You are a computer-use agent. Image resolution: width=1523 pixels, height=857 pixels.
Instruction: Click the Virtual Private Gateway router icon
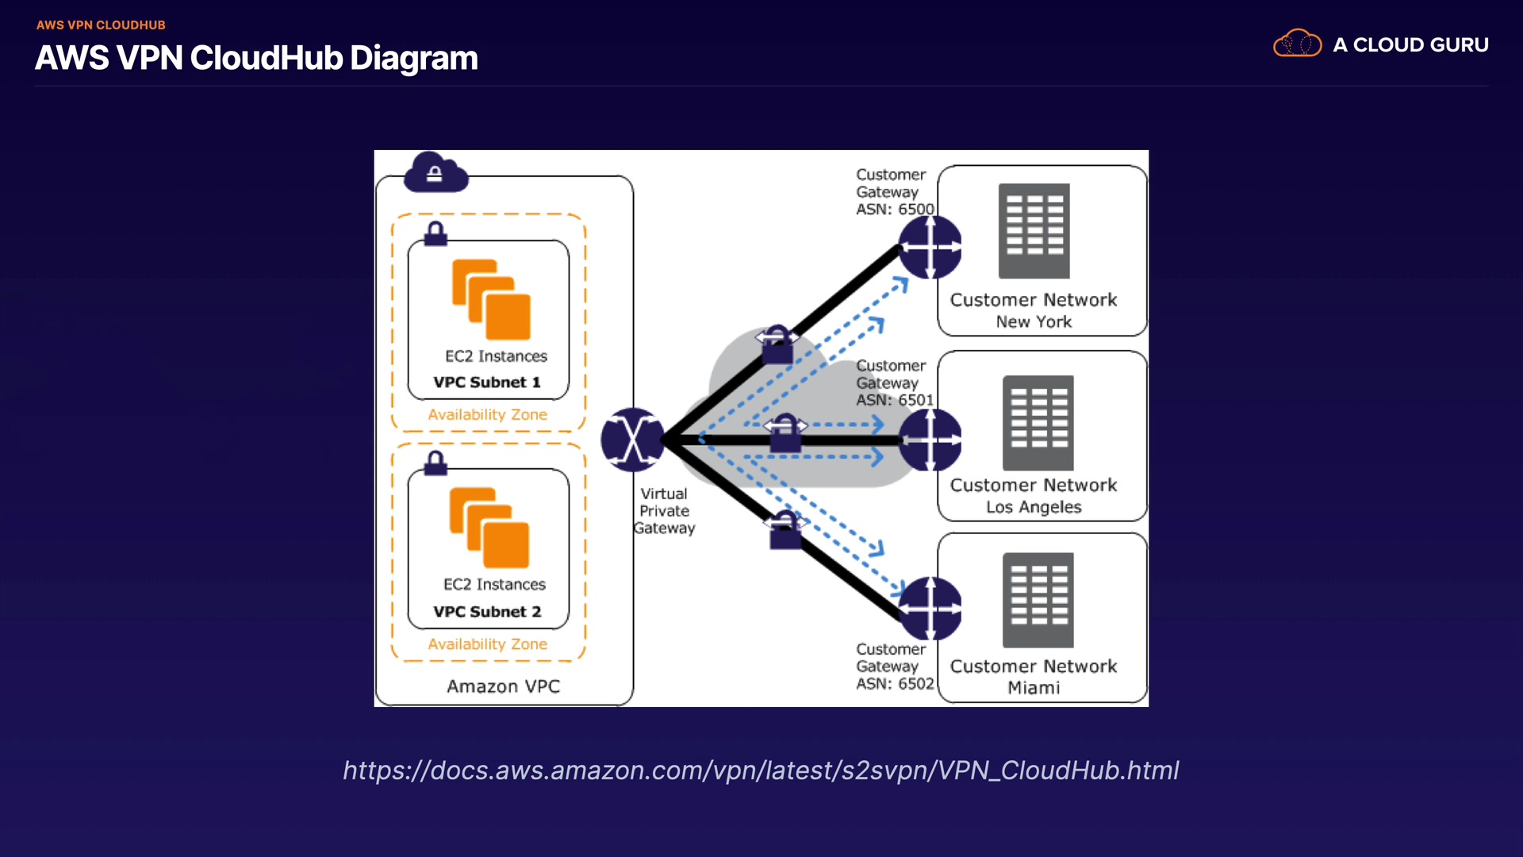coord(632,440)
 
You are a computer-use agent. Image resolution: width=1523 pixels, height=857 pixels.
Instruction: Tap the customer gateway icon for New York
coord(930,248)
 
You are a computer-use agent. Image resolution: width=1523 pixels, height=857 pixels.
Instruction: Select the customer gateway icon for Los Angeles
coord(930,440)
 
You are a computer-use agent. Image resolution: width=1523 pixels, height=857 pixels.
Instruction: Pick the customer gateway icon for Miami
coord(930,609)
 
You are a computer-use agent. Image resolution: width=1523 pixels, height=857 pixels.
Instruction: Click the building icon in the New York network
coord(1034,231)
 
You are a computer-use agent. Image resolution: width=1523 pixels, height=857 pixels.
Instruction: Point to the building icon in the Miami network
coord(1038,600)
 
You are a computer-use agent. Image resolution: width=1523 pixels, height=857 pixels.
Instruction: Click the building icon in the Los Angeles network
coord(1038,423)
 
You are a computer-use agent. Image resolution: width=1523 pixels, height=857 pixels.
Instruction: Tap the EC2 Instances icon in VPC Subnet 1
coord(491,300)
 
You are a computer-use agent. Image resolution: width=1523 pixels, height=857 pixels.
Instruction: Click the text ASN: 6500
coord(895,209)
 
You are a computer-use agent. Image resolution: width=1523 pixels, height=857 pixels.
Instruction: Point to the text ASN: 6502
coord(895,684)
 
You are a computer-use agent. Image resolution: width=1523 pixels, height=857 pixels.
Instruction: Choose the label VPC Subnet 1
coord(487,382)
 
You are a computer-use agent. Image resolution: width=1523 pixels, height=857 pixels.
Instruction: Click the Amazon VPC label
coord(503,686)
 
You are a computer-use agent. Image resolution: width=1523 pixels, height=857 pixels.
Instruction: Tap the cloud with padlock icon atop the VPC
coord(435,173)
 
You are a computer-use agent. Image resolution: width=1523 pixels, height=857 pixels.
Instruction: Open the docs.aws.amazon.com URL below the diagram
coord(761,771)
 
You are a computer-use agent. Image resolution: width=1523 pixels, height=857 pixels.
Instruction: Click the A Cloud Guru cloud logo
coord(1297,44)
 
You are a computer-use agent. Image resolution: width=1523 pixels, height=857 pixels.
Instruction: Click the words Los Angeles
coord(1034,507)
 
